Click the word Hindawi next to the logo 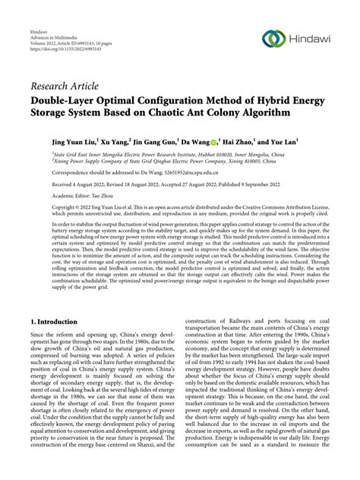tap(313, 39)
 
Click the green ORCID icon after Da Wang tap(235, 141)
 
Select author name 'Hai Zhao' tap(259, 141)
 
